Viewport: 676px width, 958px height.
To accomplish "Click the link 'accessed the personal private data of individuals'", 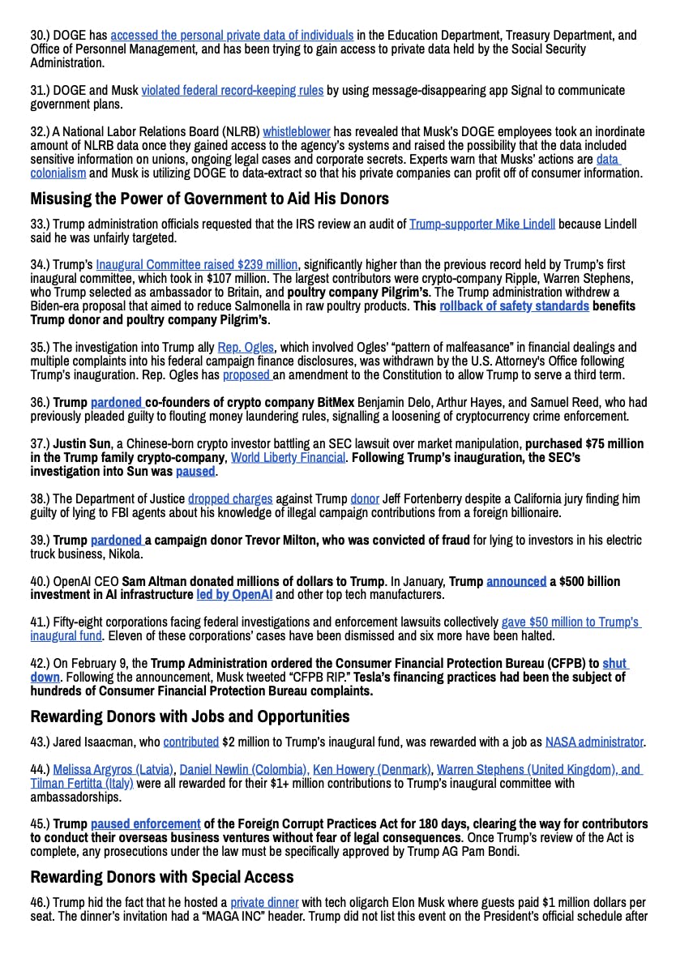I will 232,36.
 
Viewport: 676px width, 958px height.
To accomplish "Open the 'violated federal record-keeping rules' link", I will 232,91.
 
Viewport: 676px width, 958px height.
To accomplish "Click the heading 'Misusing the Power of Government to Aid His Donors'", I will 209,199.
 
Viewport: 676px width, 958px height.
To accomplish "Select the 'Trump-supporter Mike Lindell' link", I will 482,224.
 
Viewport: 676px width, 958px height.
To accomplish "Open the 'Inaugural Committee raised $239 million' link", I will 197,265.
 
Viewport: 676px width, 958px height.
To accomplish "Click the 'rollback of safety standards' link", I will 514,306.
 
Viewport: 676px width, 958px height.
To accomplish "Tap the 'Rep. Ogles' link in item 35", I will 246,348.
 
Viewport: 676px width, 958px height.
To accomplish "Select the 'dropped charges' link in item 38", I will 230,498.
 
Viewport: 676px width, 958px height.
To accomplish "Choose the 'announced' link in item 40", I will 516,581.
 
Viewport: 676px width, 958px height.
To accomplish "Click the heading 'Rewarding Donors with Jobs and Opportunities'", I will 190,716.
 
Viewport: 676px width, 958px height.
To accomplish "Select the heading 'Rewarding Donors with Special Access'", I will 162,877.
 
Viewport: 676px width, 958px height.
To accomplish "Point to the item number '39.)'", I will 41,540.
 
